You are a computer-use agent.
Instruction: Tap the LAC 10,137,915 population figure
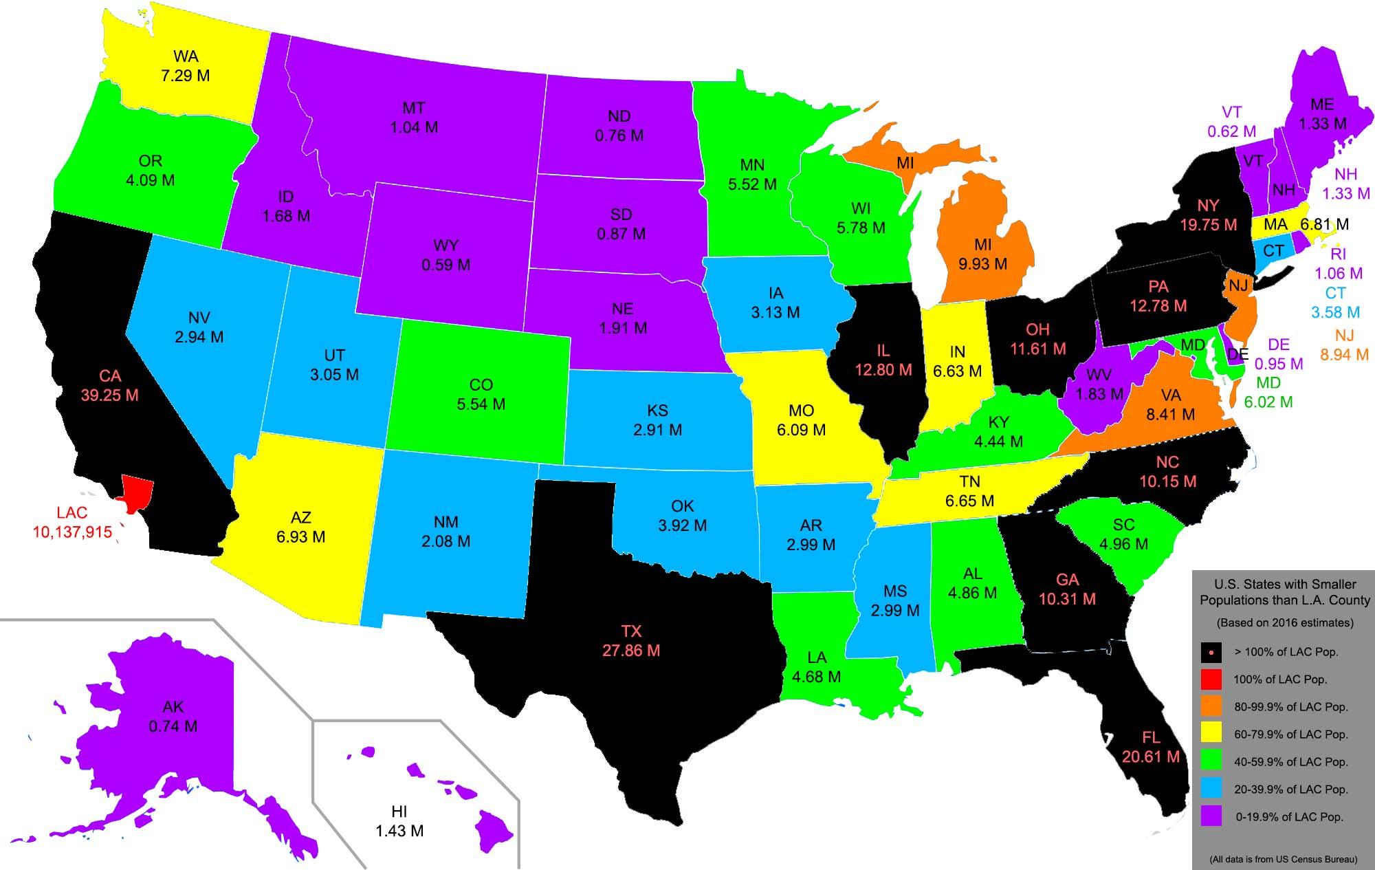pyautogui.click(x=72, y=532)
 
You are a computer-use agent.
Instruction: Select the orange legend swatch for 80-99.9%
pyautogui.click(x=1211, y=706)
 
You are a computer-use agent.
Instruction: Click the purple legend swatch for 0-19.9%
pyautogui.click(x=1211, y=816)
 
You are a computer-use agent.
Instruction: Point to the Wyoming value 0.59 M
pyautogui.click(x=446, y=265)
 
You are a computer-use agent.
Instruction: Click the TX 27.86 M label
pyautogui.click(x=631, y=641)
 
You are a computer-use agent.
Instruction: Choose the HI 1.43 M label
pyautogui.click(x=399, y=822)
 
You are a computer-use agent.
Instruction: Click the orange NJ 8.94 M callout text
pyautogui.click(x=1344, y=345)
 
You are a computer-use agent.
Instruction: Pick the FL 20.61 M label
pyautogui.click(x=1151, y=748)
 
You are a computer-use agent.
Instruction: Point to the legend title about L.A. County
pyautogui.click(x=1285, y=592)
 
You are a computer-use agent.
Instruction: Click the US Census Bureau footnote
pyautogui.click(x=1284, y=859)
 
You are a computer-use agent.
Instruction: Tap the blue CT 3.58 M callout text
pyautogui.click(x=1335, y=303)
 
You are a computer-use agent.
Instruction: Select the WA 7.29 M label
pyautogui.click(x=186, y=66)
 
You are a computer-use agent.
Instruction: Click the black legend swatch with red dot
pyautogui.click(x=1211, y=651)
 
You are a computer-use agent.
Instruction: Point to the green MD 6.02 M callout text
pyautogui.click(x=1268, y=392)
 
